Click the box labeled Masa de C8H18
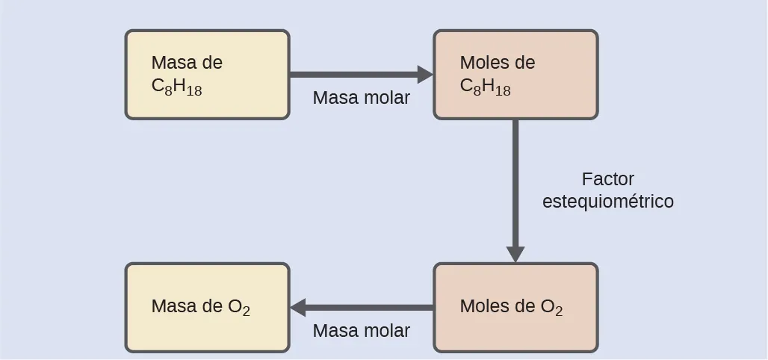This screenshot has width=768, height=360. (x=207, y=75)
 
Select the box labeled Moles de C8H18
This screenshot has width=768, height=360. (x=515, y=75)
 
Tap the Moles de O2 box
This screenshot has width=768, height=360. (x=515, y=307)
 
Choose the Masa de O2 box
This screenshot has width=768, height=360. (x=207, y=307)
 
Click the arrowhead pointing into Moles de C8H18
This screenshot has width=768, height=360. (x=425, y=75)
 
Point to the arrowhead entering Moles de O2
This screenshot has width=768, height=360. (x=515, y=254)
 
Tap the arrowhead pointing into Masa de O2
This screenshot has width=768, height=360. (x=298, y=307)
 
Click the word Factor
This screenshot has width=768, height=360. (x=607, y=180)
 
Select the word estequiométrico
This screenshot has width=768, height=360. (x=607, y=202)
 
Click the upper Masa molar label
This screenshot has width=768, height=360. (x=362, y=98)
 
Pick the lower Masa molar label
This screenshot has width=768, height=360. (x=362, y=331)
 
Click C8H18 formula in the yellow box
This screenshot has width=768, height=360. (x=176, y=87)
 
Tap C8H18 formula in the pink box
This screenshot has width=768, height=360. (x=486, y=87)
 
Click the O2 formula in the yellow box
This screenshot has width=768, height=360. (x=239, y=307)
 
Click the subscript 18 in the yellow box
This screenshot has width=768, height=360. (x=194, y=91)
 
